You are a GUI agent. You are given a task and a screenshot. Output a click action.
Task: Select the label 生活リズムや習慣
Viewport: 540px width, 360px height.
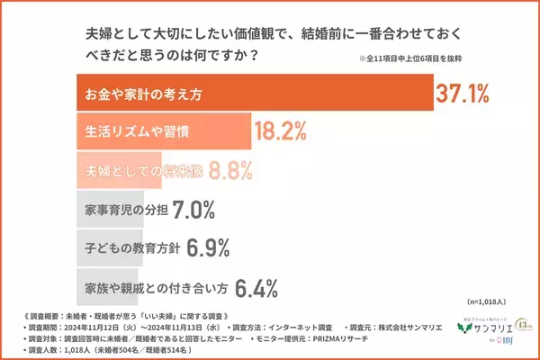[130, 131]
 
